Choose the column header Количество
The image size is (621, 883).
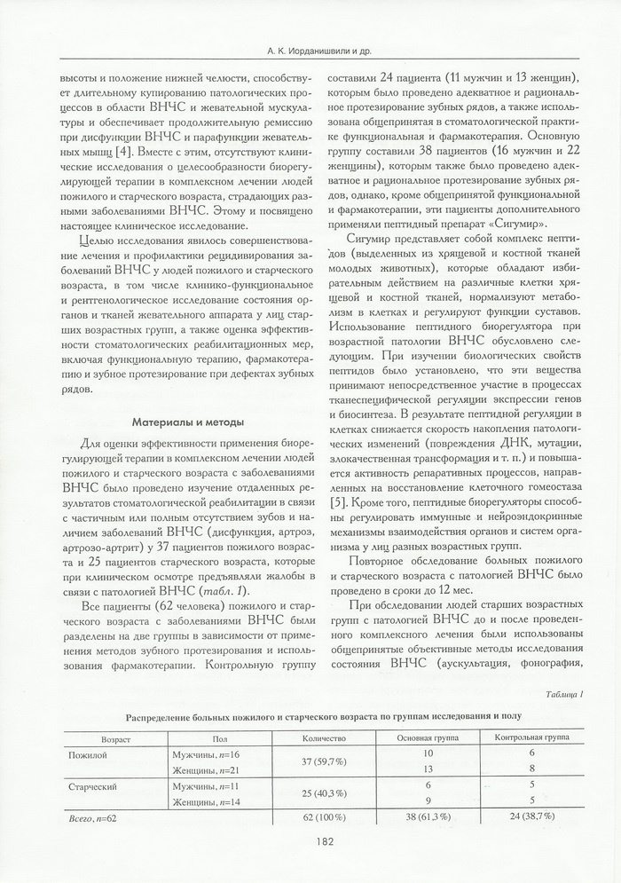pos(317,738)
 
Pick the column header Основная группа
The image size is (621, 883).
pos(427,738)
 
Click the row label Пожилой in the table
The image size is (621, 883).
pos(88,753)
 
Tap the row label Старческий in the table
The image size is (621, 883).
pos(94,786)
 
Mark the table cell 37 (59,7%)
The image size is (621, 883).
pos(317,761)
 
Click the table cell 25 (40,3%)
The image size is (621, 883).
pos(317,793)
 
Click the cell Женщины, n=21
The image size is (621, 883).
pos(205,769)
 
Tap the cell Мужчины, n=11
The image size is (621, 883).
pos(205,786)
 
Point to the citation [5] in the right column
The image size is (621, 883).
pos(337,504)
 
